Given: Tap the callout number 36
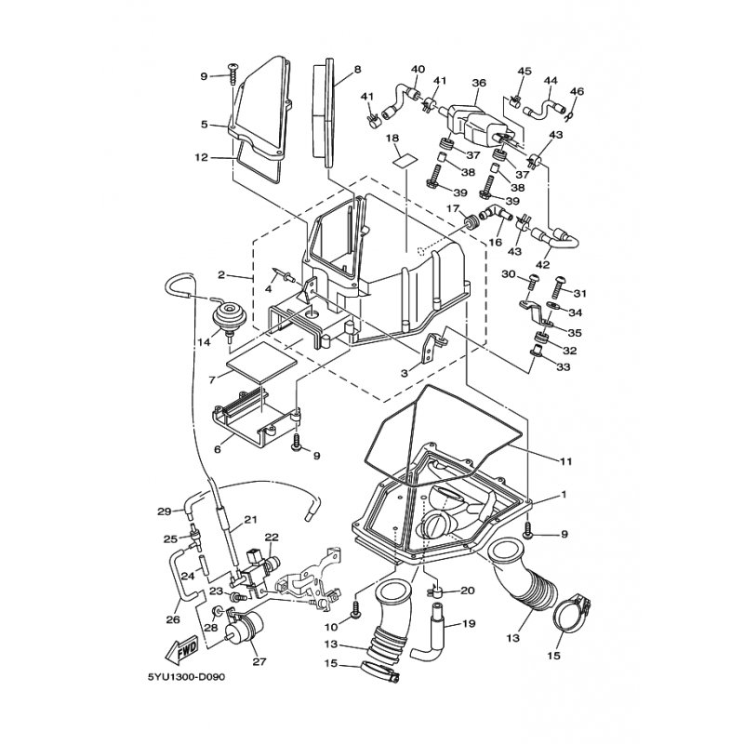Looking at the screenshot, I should tap(479, 83).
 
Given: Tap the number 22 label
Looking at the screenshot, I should tap(272, 538).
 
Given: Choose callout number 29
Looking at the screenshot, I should tap(164, 511).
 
